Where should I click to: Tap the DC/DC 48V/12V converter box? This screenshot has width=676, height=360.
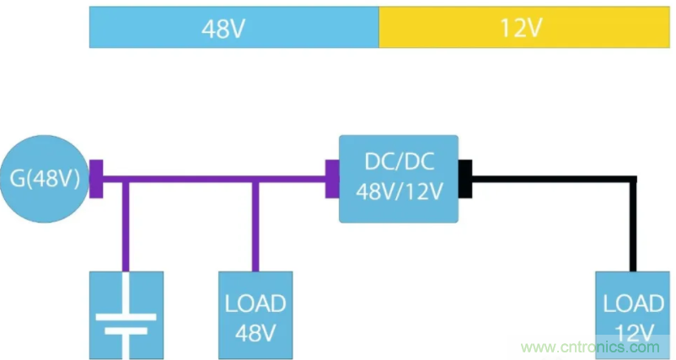coord(398,179)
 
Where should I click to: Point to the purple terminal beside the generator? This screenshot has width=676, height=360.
coord(96,179)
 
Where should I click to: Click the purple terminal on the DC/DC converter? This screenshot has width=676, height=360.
coord(332,179)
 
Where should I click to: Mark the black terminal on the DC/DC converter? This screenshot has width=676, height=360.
coord(464,179)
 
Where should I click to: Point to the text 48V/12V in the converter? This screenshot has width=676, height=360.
coord(398,192)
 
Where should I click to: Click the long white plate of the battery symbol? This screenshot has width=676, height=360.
coord(126,318)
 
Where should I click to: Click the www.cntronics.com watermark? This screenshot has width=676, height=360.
coord(590,347)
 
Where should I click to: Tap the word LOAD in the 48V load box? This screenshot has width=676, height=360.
coord(255,303)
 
